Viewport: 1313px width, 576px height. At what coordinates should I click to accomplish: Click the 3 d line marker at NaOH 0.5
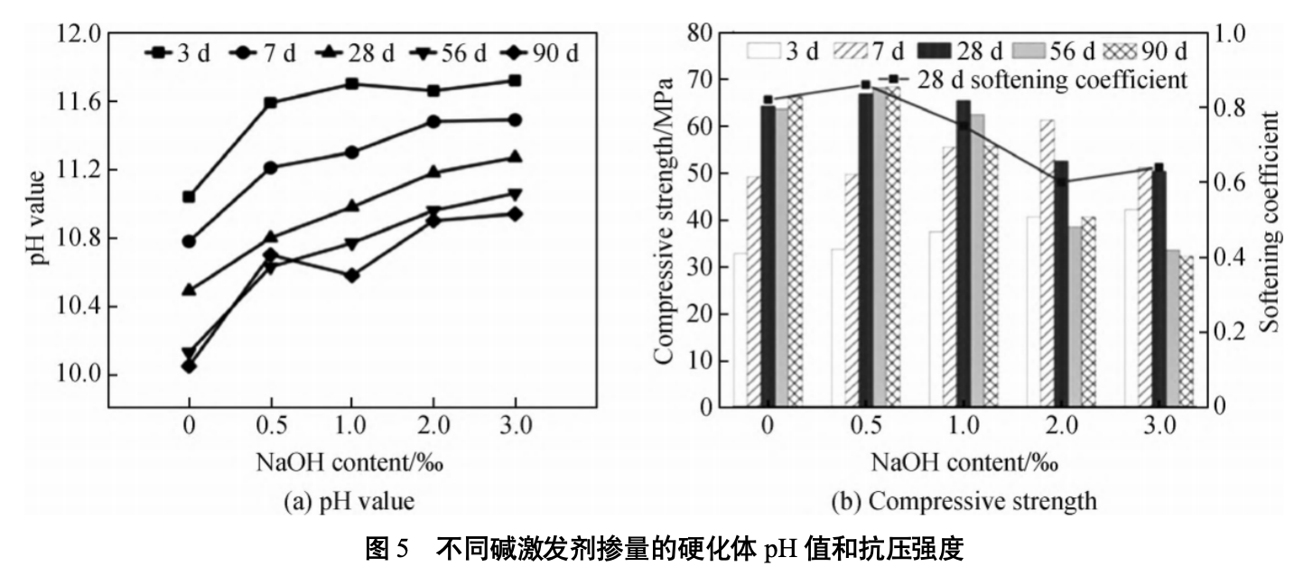(270, 102)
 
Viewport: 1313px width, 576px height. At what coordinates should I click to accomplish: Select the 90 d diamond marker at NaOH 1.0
(351, 275)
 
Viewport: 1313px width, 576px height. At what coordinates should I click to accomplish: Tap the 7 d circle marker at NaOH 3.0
(515, 119)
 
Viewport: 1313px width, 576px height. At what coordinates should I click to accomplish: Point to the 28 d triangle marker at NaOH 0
(189, 289)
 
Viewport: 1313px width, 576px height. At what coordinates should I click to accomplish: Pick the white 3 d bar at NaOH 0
(740, 330)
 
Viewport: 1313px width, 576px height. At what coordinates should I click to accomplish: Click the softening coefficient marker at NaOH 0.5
(865, 84)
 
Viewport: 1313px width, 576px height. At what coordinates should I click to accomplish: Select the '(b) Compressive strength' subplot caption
(964, 499)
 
